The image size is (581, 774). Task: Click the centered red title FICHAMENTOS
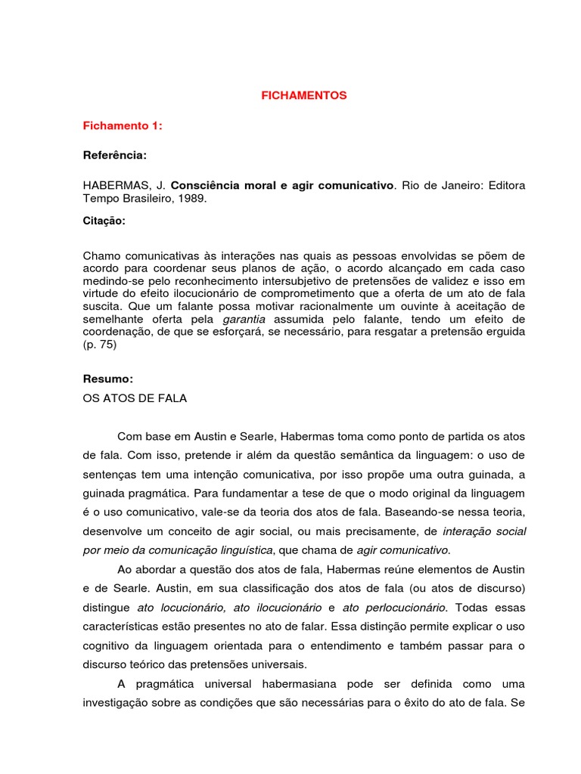point(303,96)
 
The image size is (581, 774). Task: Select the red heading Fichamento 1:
point(123,126)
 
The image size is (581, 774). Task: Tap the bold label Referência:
point(115,155)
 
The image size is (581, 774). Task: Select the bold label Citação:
point(104,221)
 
